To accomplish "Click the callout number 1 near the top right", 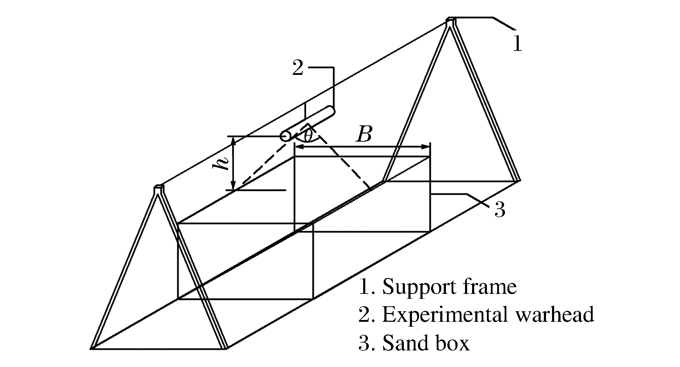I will coord(517,45).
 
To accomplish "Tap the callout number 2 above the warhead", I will coord(298,68).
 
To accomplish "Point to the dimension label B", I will coord(364,134).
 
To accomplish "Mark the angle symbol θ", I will coord(308,136).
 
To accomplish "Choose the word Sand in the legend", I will coord(402,342).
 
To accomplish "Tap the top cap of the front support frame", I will coord(159,189).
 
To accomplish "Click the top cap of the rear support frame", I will coord(451,21).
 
